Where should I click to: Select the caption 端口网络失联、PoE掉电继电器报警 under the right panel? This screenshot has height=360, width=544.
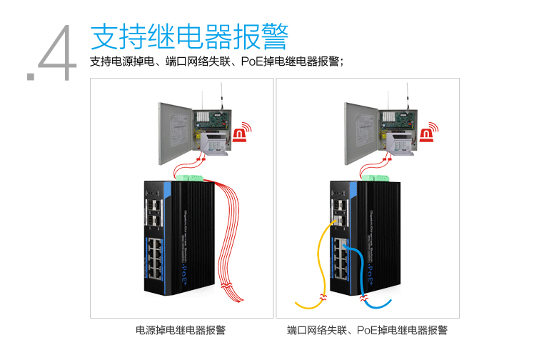coord(367,330)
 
